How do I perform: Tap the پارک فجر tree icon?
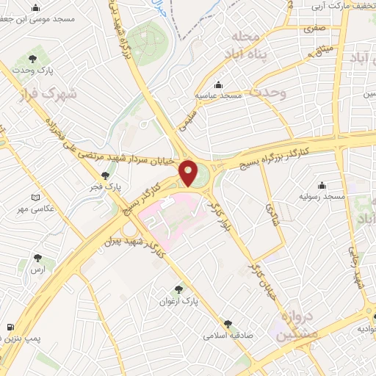point(106,175)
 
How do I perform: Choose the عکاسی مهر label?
point(37,211)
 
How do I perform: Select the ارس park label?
point(37,270)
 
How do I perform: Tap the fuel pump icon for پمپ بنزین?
point(9,326)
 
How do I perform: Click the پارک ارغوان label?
point(180,301)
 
